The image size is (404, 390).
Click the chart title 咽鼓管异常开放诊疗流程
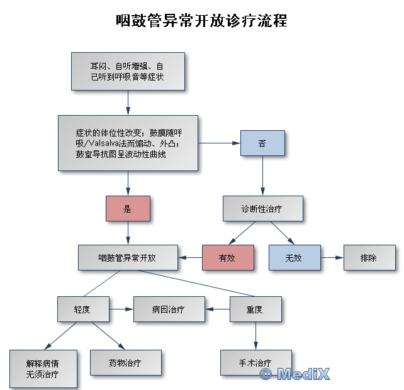tap(201, 20)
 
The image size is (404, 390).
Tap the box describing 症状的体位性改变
tap(128, 143)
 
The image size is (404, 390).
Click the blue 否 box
tap(262, 143)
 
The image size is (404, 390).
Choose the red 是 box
tap(128, 209)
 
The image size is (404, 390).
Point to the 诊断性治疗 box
tap(262, 209)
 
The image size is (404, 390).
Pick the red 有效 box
tap(227, 257)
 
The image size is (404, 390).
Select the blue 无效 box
tap(294, 257)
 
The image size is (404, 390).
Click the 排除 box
tap(369, 257)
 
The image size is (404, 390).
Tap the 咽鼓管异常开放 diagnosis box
tap(128, 257)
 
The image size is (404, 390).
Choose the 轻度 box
tap(82, 309)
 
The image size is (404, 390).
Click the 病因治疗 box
tap(169, 309)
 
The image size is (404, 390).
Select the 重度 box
tap(255, 309)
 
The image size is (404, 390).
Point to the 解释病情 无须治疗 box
tap(43, 368)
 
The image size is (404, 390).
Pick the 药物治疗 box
tap(125, 363)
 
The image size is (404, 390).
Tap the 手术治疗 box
tap(255, 363)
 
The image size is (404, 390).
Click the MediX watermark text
tap(295, 374)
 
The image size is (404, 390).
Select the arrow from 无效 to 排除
tap(331, 257)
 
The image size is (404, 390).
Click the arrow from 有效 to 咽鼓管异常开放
tap(190, 257)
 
